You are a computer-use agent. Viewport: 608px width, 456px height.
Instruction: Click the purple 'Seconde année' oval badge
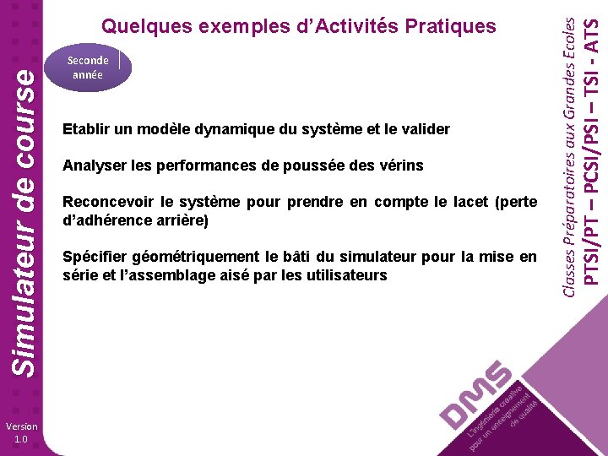[x=88, y=68]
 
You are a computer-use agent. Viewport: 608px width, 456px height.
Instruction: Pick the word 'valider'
[x=426, y=130]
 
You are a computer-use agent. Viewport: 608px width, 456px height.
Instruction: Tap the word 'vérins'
[x=401, y=166]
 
